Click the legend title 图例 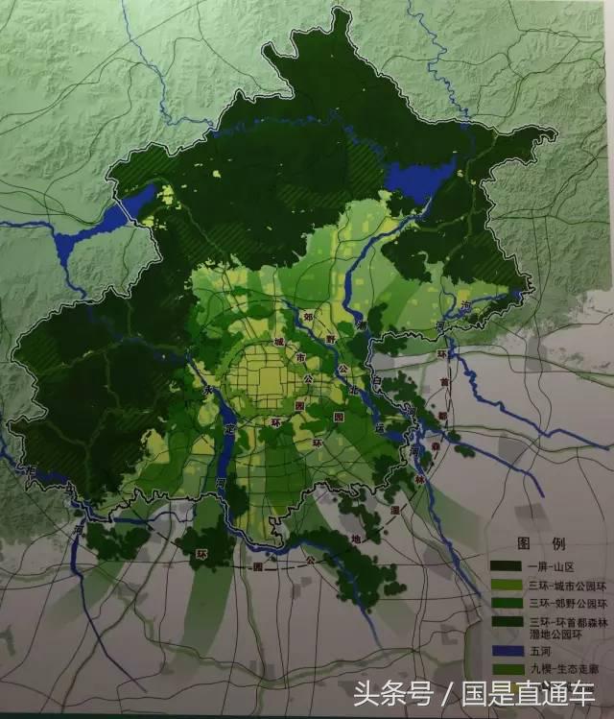pos(537,540)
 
